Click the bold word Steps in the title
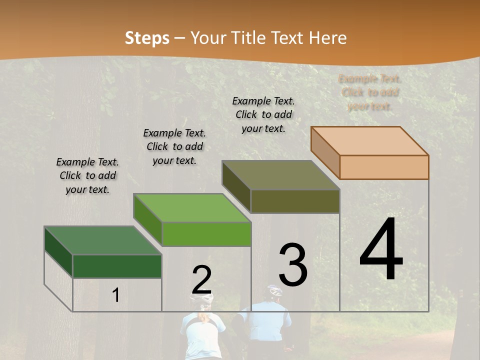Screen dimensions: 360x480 tap(147, 38)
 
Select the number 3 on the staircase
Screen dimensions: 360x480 tap(293, 265)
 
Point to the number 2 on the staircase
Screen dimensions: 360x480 tap(201, 280)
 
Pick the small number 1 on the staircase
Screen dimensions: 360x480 tap(115, 295)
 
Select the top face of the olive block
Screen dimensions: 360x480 tap(280, 175)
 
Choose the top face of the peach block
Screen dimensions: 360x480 tap(369, 141)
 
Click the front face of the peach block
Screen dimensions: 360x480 tap(384, 167)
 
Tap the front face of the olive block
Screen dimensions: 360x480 tap(295, 201)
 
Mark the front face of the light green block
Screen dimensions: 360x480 tap(206, 234)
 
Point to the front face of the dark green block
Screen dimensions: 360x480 tap(117, 266)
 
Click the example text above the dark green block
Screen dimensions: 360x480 tap(87, 175)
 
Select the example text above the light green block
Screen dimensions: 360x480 tap(174, 146)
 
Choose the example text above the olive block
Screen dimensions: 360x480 tap(263, 114)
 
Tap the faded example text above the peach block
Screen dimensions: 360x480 tap(370, 92)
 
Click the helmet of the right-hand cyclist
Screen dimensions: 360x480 tap(274, 290)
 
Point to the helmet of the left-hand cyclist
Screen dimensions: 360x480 tap(201, 298)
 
